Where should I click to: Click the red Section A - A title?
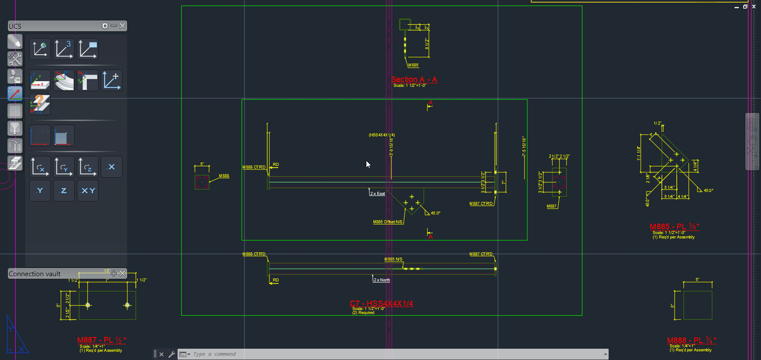click(414, 79)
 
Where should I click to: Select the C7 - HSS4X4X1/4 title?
click(381, 304)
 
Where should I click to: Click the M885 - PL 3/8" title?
click(674, 227)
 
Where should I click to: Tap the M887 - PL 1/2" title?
click(102, 340)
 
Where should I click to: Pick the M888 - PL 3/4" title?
click(692, 340)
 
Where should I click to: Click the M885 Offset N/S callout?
click(388, 222)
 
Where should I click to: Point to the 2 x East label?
click(377, 194)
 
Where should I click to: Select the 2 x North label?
click(382, 280)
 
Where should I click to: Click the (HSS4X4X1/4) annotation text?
click(382, 135)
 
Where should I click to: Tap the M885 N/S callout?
click(393, 259)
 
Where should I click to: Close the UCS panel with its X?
click(123, 26)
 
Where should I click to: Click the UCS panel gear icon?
click(105, 26)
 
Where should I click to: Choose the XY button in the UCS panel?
click(88, 191)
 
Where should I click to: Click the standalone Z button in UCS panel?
click(64, 191)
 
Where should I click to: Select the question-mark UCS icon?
click(40, 104)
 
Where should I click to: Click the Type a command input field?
click(391, 354)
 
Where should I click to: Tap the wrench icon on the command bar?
click(171, 354)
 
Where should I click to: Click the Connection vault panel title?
click(35, 274)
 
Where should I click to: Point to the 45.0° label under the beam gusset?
click(435, 213)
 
